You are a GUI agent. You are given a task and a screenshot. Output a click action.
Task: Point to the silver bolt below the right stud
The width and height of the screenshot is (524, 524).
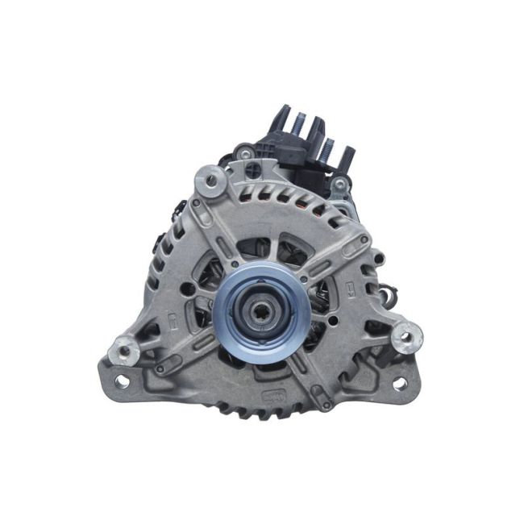(x=341, y=185)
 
